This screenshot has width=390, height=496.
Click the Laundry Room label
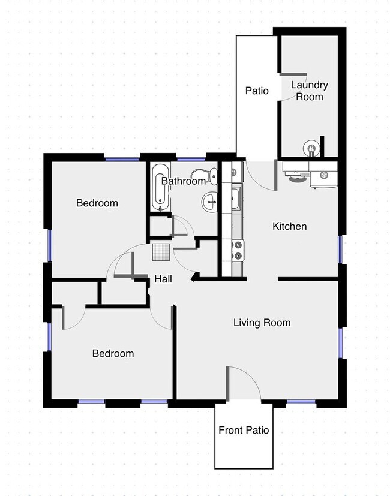tap(309, 91)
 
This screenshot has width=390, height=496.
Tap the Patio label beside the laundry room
tap(256, 91)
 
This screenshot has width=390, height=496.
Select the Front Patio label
tap(243, 430)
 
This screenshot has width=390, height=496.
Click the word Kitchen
tap(290, 226)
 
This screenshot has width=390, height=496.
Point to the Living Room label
tap(262, 323)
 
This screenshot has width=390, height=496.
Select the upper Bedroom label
tap(97, 203)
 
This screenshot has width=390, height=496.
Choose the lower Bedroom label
tap(113, 353)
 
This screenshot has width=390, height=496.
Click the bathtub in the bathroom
tap(158, 187)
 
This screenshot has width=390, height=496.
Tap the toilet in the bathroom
tap(210, 176)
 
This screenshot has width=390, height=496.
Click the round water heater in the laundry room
tap(310, 148)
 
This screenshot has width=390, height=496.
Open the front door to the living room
tap(243, 384)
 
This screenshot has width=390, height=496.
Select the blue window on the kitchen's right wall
tap(341, 249)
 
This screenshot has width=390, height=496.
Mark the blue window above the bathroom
tap(191, 158)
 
